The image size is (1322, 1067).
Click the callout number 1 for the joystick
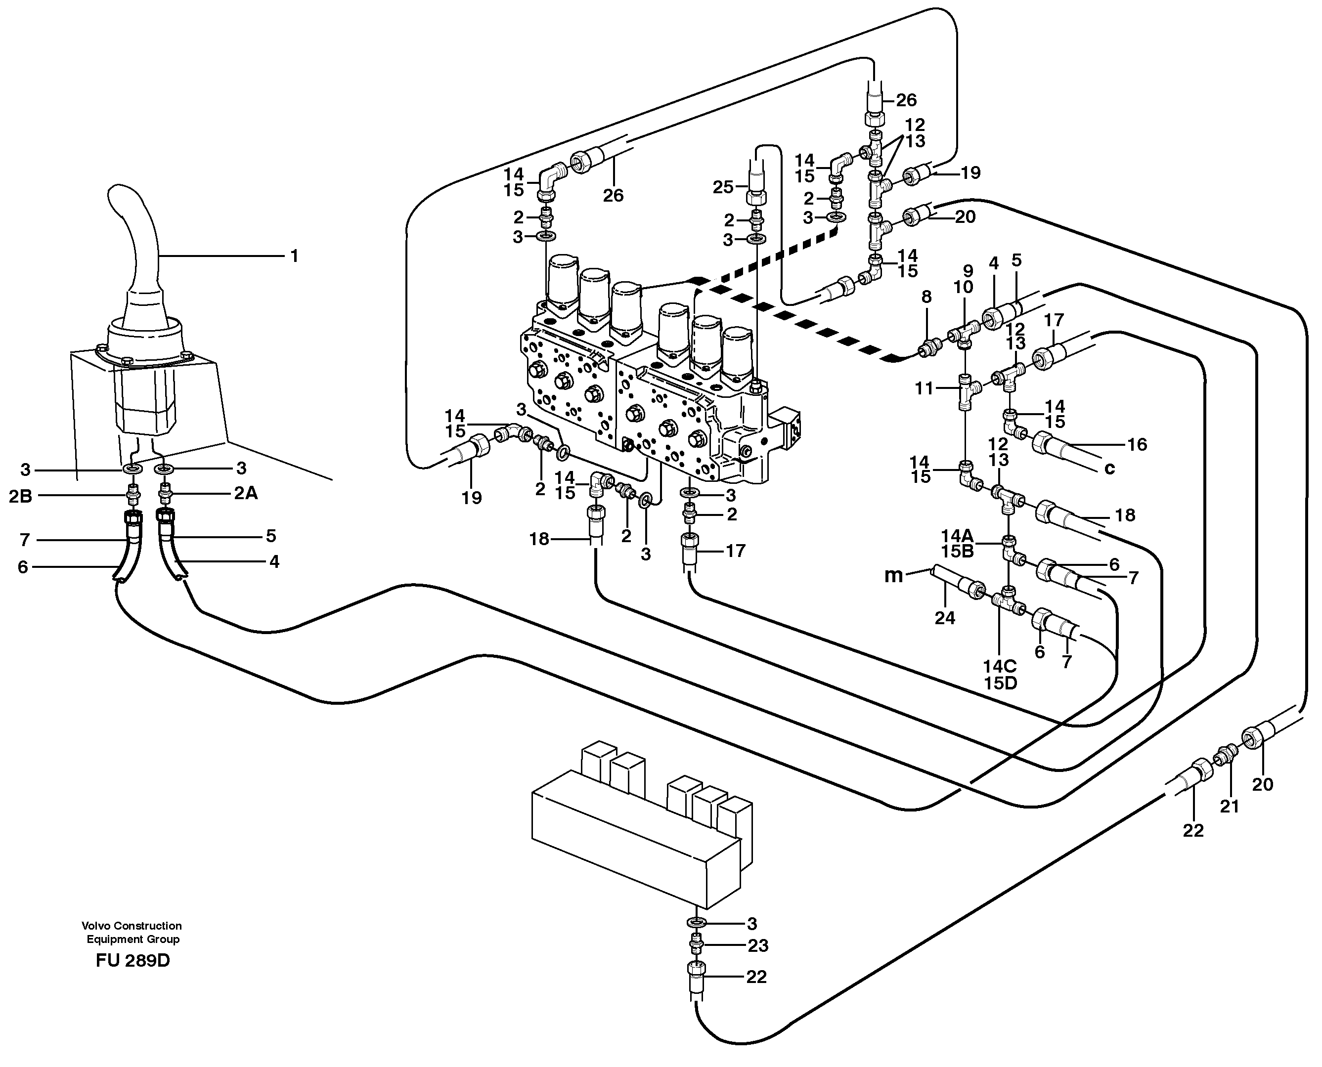(295, 256)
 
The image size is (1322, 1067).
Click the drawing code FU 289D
(133, 960)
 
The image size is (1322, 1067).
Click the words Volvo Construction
(132, 926)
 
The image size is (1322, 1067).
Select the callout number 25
(723, 186)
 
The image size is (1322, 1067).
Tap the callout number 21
(1229, 807)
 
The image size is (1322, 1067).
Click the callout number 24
(945, 618)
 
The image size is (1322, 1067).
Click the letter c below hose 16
(1109, 469)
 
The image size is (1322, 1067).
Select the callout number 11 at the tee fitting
(924, 388)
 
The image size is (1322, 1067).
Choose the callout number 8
(926, 297)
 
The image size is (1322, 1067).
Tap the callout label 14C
(1000, 666)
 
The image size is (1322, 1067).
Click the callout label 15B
(957, 552)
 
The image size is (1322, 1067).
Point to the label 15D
(1000, 683)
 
